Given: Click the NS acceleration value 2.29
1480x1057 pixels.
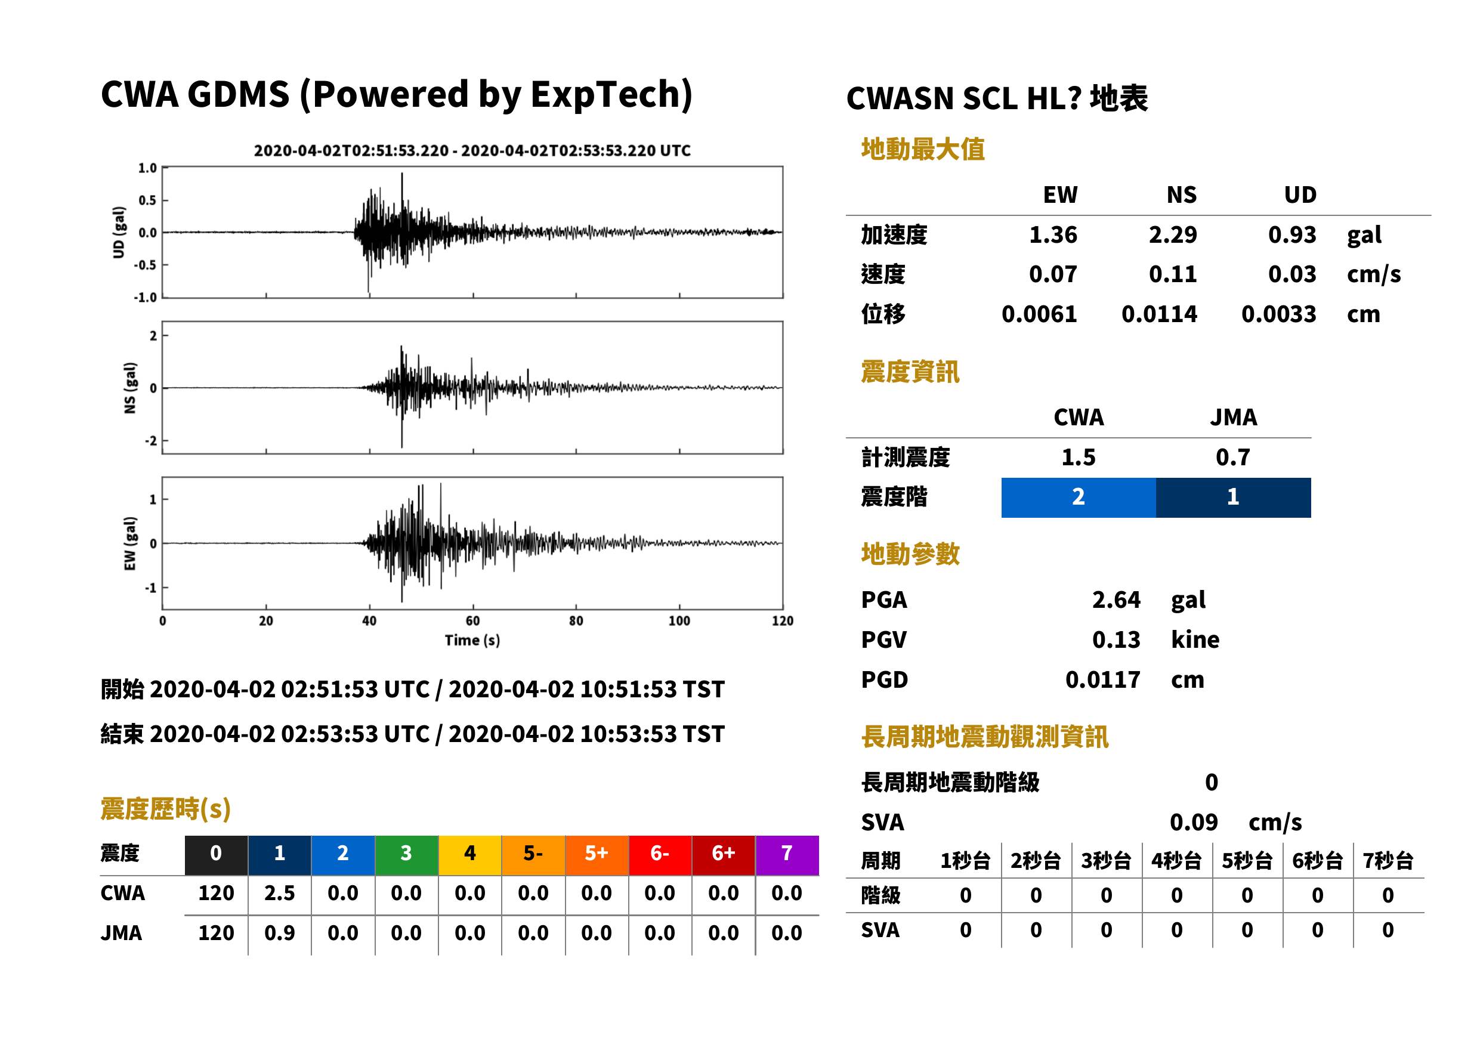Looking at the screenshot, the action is click(1172, 234).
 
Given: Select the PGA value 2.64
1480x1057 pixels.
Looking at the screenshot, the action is click(1116, 599).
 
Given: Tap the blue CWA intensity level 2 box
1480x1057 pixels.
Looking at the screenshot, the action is click(1079, 497).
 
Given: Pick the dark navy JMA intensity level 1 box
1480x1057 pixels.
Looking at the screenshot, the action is click(1234, 497).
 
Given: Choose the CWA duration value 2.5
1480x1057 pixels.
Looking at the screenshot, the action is click(279, 893).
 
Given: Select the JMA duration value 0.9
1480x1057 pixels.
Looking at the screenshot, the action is click(279, 933).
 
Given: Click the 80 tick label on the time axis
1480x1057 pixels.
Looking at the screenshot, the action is click(576, 621).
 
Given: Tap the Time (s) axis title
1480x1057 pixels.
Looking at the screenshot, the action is click(472, 641).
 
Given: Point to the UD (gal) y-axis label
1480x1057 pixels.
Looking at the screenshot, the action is click(119, 233).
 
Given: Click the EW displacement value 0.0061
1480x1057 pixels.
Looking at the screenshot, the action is click(1039, 314).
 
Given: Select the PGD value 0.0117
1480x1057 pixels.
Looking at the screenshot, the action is click(1102, 679).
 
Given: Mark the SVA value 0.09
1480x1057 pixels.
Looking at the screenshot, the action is click(1194, 822).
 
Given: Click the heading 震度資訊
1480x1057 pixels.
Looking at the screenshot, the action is click(910, 372).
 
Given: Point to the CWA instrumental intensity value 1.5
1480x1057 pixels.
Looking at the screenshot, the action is click(1079, 457).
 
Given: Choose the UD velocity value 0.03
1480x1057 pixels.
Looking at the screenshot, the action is click(1292, 274).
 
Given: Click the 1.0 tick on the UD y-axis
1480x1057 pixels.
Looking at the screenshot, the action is click(148, 168).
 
